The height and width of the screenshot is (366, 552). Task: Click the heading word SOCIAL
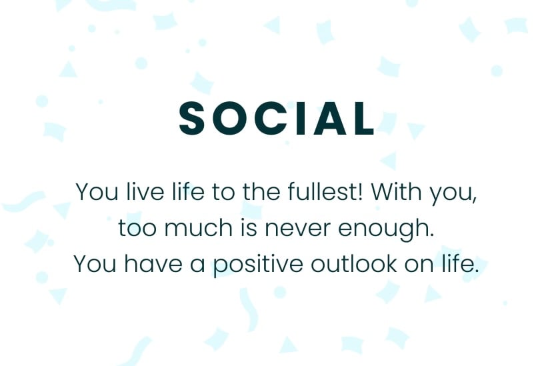pos(277,118)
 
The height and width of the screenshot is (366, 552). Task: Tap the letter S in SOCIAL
pos(192,118)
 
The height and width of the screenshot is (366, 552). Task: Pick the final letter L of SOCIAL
pos(364,118)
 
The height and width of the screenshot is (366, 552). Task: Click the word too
pos(137,228)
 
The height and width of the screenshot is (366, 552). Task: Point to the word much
pos(199,227)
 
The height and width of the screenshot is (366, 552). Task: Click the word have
pos(153,263)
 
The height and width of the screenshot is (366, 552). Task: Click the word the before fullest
pos(261,192)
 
